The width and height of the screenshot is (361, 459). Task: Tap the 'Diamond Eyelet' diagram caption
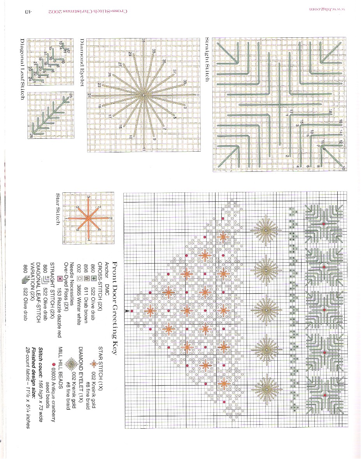pyautogui.click(x=82, y=62)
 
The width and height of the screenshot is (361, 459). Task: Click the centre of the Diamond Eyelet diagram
pyautogui.click(x=143, y=94)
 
